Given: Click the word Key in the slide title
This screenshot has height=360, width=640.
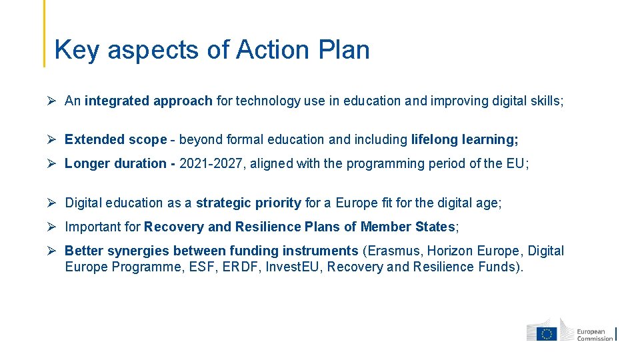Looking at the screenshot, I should coord(77,50).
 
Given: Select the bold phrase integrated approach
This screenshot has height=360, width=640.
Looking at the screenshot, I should coord(149,101).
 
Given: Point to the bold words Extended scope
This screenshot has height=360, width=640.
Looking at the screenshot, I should coord(115,139).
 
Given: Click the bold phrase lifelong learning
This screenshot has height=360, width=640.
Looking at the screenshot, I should coord(464,139).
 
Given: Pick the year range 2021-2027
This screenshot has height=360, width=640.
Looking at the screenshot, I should coord(209,163).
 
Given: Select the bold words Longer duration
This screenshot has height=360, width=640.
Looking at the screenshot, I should coord(115,163).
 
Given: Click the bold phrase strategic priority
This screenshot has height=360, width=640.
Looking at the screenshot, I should coord(249,203).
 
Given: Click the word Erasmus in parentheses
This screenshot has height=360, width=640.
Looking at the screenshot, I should coord(393,251).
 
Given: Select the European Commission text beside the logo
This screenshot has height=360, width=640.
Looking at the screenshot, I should coord(593,334).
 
